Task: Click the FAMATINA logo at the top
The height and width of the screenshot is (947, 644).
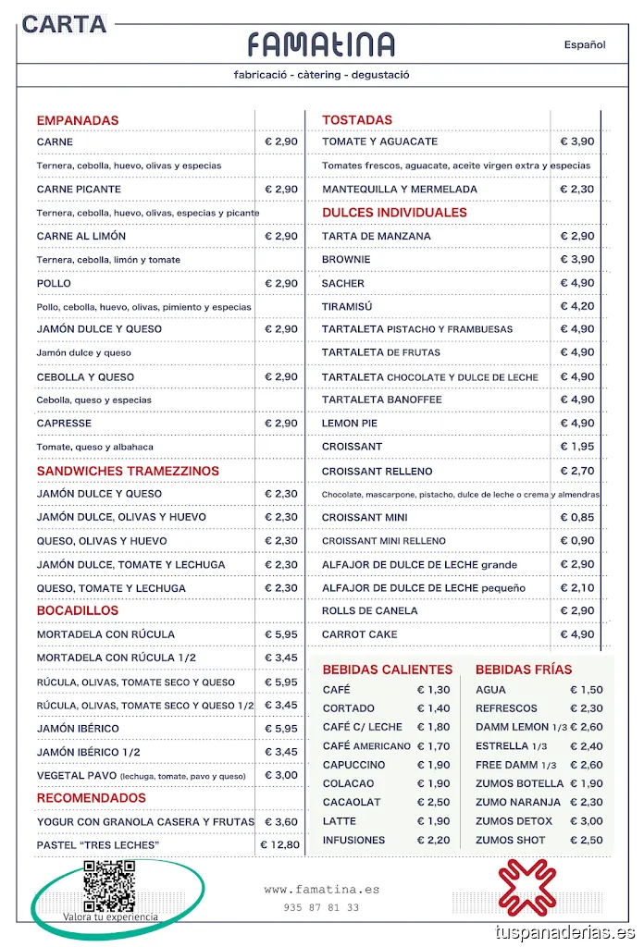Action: (x=321, y=44)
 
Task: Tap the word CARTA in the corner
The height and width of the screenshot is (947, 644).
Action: (x=64, y=25)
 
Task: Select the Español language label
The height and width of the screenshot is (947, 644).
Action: (x=585, y=44)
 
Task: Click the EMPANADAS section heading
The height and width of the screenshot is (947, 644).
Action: (x=78, y=120)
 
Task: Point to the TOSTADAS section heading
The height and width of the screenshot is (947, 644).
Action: (x=357, y=119)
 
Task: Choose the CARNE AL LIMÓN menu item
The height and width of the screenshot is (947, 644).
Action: (x=81, y=236)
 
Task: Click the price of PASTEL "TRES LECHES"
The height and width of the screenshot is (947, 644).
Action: (x=280, y=844)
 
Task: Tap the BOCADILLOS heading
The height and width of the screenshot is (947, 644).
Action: (x=78, y=610)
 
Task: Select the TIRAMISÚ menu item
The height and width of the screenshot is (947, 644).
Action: (x=342, y=306)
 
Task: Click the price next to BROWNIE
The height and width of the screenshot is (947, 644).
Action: (x=577, y=259)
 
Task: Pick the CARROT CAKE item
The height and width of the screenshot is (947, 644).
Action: (x=360, y=634)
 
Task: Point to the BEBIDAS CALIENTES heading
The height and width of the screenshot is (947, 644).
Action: (x=388, y=670)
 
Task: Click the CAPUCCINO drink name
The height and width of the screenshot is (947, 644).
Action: (x=353, y=765)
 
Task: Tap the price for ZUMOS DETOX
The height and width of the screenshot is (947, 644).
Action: (x=586, y=821)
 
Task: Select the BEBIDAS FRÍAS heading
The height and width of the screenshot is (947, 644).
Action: (x=524, y=670)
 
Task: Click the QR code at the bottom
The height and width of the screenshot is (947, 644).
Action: (x=109, y=884)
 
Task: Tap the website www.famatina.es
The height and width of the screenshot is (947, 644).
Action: (x=321, y=890)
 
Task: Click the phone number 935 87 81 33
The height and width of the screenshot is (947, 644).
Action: (x=321, y=908)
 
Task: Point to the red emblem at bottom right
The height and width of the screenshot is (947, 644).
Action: (x=525, y=886)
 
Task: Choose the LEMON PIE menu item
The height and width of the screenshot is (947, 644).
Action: (x=351, y=423)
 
